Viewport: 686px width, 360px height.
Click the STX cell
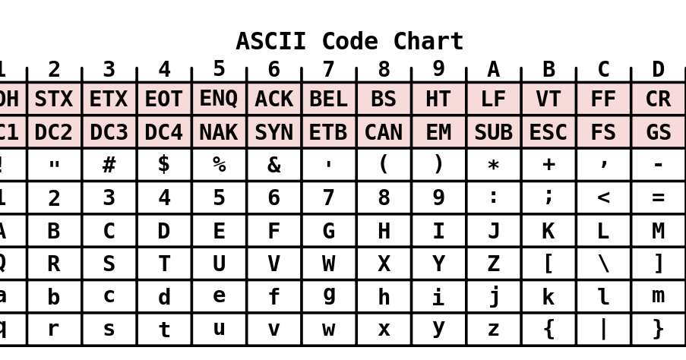click(x=54, y=99)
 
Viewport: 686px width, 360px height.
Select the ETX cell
click(x=109, y=99)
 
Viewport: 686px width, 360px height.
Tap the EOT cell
click(x=164, y=99)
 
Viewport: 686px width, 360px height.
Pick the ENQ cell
click(x=219, y=99)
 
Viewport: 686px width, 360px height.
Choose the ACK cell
click(x=273, y=99)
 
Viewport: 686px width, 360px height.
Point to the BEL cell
click(x=328, y=99)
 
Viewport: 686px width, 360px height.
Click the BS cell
click(x=384, y=99)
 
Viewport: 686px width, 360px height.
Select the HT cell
click(x=438, y=99)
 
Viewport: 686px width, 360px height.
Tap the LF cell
click(x=493, y=99)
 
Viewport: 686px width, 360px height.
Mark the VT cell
click(x=548, y=99)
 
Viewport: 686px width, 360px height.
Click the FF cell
click(x=603, y=99)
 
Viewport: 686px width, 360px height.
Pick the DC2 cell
click(x=54, y=132)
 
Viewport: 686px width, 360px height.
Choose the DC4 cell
click(x=164, y=132)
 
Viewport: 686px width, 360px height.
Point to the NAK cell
click(x=219, y=132)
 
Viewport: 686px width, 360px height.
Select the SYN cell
click(x=273, y=132)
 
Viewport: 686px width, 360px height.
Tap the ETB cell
click(x=328, y=132)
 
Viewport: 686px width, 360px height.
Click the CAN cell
click(x=384, y=132)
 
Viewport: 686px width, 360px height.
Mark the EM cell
click(x=438, y=132)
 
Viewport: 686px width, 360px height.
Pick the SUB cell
click(x=493, y=132)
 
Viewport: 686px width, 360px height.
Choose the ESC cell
click(x=548, y=132)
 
